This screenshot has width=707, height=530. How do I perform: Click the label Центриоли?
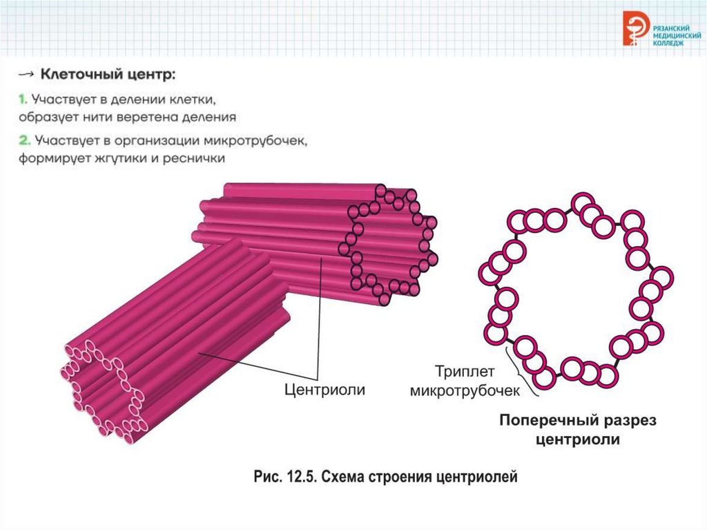point(325,390)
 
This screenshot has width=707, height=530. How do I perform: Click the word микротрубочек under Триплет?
point(464,390)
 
